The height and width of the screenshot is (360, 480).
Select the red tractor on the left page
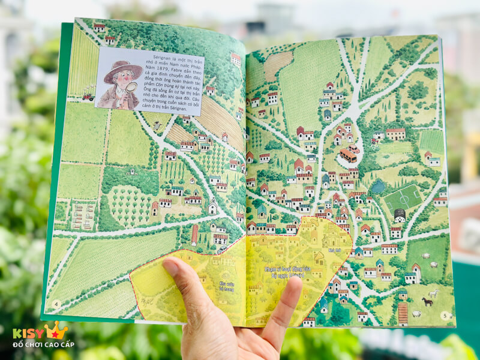pyautogui.click(x=88, y=96)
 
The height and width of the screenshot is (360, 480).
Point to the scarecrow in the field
pyautogui.click(x=157, y=125)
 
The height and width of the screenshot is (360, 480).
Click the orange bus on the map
pyautogui.click(x=347, y=155)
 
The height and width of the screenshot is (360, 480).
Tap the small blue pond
pyautogui.click(x=378, y=187)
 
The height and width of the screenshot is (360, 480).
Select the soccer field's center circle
pyautogui.click(x=403, y=197)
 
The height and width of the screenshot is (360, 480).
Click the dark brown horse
pyautogui.click(x=427, y=301)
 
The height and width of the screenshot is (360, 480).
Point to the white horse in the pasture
pyautogui.click(x=433, y=293)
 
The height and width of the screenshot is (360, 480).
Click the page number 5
pyautogui.click(x=445, y=315)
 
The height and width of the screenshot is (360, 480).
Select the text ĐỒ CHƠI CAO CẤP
pyautogui.click(x=40, y=345)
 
